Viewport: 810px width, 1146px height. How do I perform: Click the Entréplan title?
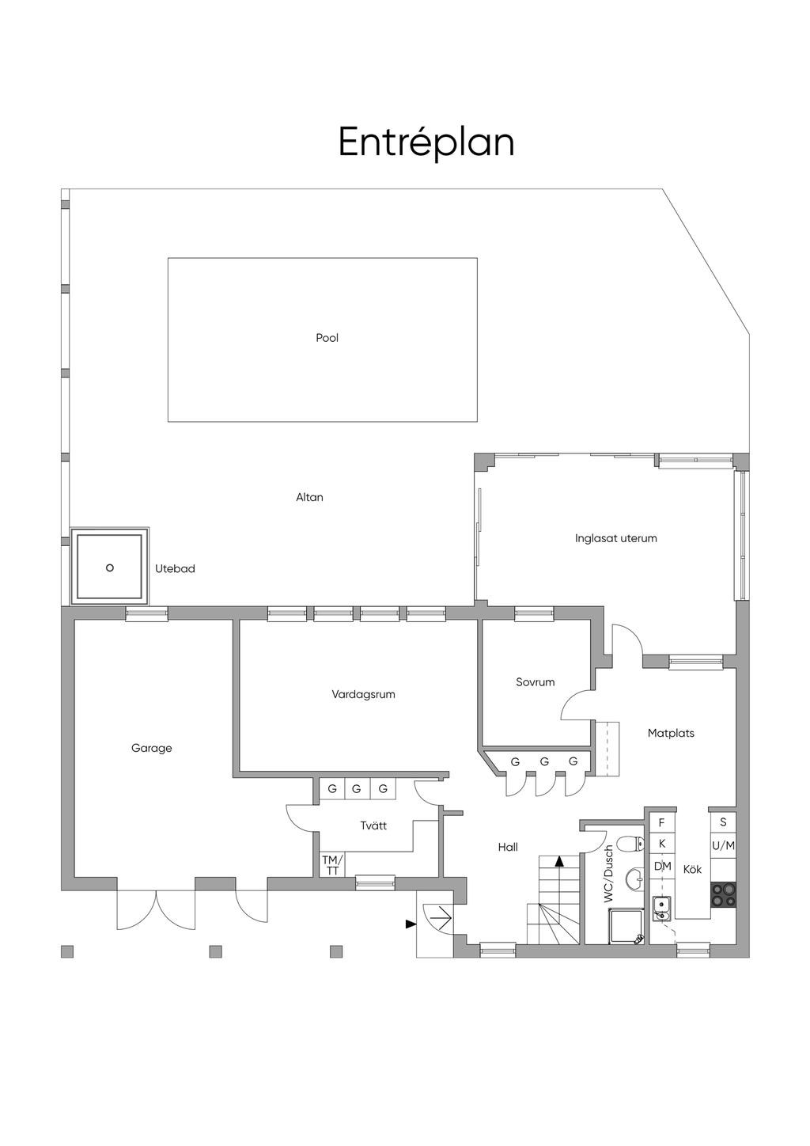[x=426, y=142]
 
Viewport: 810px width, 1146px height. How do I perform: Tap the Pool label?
[x=327, y=338]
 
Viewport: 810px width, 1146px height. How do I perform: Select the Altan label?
[x=309, y=497]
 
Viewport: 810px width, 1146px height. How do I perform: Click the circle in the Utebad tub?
[x=109, y=568]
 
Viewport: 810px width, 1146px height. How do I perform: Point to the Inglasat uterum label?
[x=615, y=538]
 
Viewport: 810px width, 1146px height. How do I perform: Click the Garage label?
[x=151, y=748]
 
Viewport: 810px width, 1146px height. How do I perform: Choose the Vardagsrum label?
[x=363, y=694]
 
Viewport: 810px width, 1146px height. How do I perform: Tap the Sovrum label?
[x=535, y=682]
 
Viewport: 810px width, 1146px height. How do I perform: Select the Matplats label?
[x=671, y=733]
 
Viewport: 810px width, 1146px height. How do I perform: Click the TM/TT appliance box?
[x=332, y=864]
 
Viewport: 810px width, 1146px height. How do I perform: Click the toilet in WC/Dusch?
[x=630, y=843]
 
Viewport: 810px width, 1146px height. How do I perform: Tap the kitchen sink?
[x=662, y=909]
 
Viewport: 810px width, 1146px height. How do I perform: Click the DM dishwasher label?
[x=662, y=866]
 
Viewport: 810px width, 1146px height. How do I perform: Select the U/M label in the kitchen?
[x=723, y=846]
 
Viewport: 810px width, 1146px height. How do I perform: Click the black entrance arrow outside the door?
[x=411, y=924]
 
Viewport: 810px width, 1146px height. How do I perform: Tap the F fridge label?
[x=661, y=822]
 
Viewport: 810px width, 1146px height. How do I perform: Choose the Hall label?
[x=508, y=847]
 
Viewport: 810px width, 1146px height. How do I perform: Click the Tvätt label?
[x=373, y=825]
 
